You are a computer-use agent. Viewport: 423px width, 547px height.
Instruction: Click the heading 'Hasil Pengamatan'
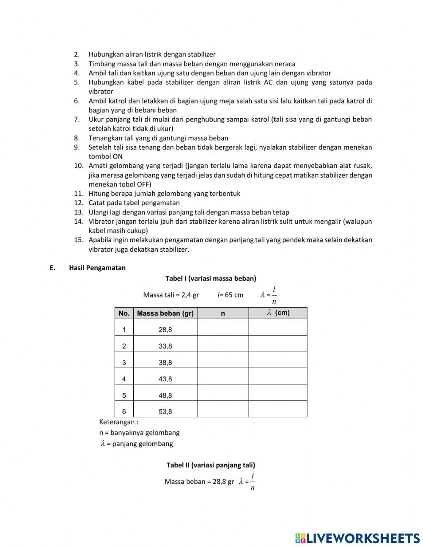coord(97,268)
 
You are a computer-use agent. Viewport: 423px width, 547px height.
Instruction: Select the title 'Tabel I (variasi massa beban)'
coord(211,278)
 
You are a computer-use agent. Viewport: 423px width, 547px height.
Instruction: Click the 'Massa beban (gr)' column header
coord(165,314)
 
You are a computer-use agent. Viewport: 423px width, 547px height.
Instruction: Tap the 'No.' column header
coord(124,314)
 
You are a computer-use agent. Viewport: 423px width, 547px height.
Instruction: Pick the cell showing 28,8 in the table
coord(165,330)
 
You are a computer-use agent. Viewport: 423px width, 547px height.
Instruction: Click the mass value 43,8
coord(165,379)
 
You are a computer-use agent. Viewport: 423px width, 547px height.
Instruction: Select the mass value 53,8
coord(165,411)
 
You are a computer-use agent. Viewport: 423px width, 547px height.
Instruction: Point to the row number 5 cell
coord(124,395)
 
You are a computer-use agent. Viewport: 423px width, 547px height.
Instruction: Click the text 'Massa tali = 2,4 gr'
coord(171,295)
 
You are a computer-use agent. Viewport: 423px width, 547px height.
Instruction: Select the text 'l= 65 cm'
coord(231,295)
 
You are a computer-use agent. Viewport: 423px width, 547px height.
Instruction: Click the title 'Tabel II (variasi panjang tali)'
coord(211,465)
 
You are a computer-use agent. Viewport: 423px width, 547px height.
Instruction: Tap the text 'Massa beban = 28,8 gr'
coord(199,482)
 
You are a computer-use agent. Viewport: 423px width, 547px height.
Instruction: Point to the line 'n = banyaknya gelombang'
coord(139,433)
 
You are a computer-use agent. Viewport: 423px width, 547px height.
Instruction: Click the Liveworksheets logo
coord(357,538)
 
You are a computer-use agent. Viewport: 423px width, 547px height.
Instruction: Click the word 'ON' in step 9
coord(118,156)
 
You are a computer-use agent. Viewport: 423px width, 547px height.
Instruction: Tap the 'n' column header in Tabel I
coord(223,314)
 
